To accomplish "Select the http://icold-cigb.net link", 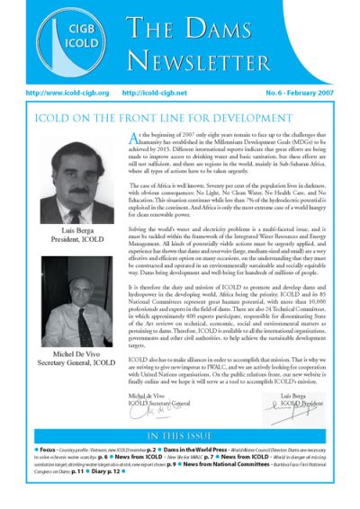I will (x=159, y=92).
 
